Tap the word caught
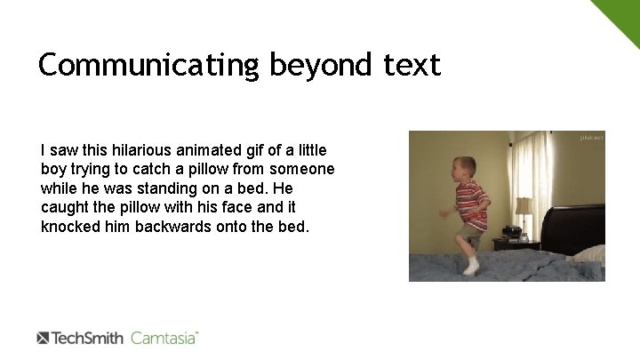[64, 207]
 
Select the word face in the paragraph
[225, 207]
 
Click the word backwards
[172, 227]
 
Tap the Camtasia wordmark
[164, 338]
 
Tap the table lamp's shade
[524, 206]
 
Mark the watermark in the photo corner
[590, 138]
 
